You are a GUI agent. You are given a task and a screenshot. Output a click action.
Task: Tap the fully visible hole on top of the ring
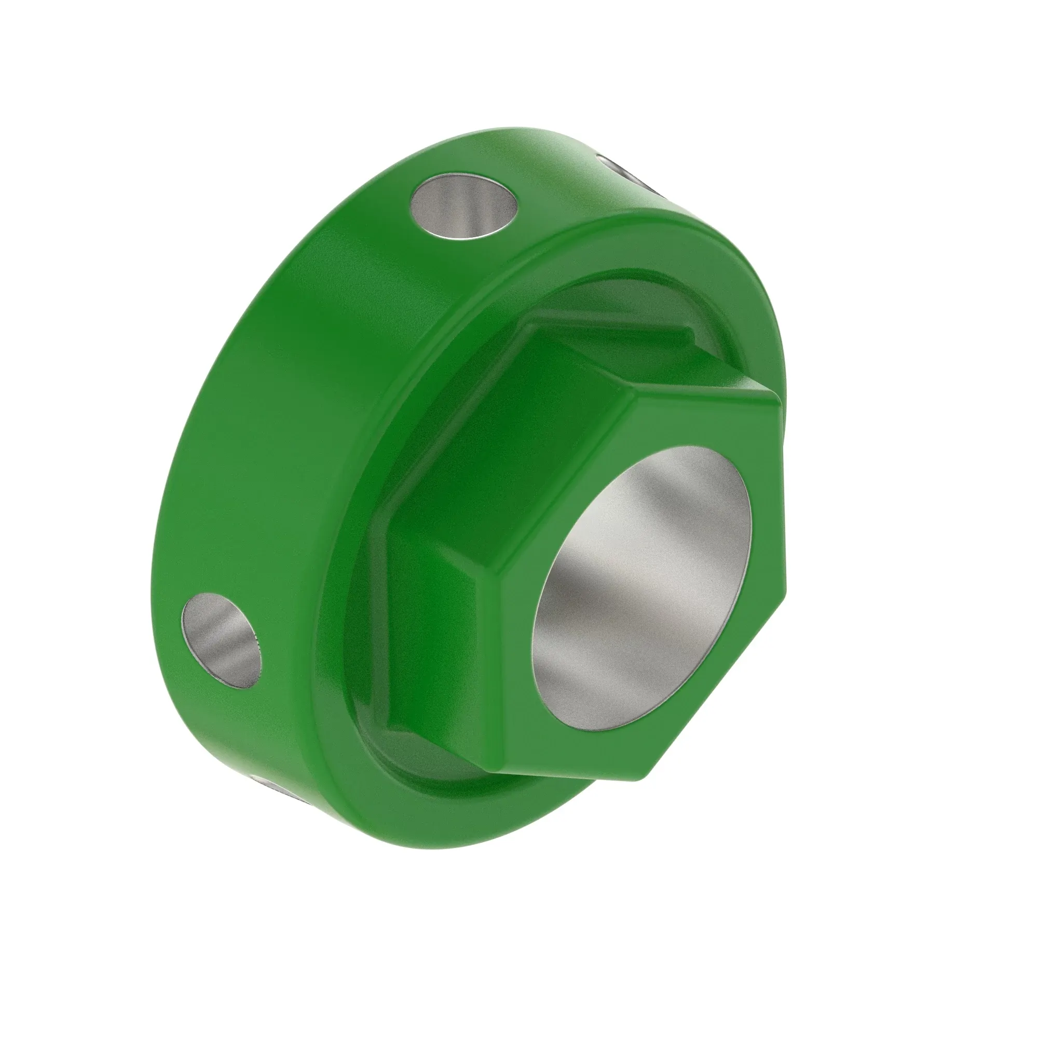point(463,208)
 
